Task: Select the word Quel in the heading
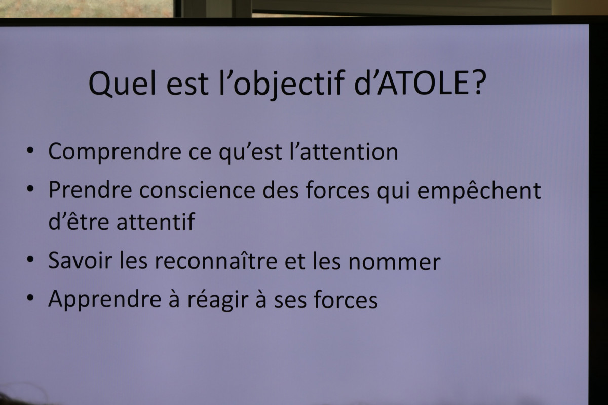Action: (x=122, y=84)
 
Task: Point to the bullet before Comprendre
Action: (x=30, y=150)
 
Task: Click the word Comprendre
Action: (x=115, y=152)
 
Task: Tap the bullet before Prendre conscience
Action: (x=30, y=188)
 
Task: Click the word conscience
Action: (x=197, y=190)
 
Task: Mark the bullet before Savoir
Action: (x=30, y=259)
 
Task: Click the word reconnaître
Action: (x=216, y=261)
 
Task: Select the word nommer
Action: (x=394, y=262)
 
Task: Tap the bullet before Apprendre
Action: (x=30, y=297)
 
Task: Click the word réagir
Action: (x=218, y=300)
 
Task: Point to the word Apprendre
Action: (x=105, y=300)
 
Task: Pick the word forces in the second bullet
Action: (x=337, y=190)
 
